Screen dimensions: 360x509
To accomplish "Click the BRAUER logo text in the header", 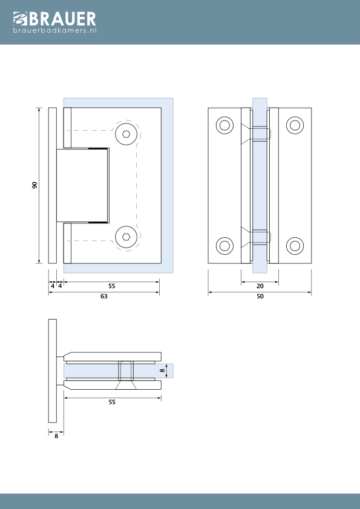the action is (63, 19).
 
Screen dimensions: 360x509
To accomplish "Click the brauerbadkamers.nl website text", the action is (54, 30).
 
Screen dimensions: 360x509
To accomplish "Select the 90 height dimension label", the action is (34, 185).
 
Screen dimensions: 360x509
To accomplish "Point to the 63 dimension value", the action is (104, 297).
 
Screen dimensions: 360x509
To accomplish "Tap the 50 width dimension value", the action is (260, 297).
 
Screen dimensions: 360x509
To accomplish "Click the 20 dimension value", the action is (260, 286).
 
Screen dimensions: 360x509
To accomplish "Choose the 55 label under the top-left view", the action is (112, 286).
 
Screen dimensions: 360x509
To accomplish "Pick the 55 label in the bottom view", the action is (112, 402).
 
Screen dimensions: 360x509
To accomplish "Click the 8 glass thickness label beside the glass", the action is (163, 370).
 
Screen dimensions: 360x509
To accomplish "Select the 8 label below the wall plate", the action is (56, 436).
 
